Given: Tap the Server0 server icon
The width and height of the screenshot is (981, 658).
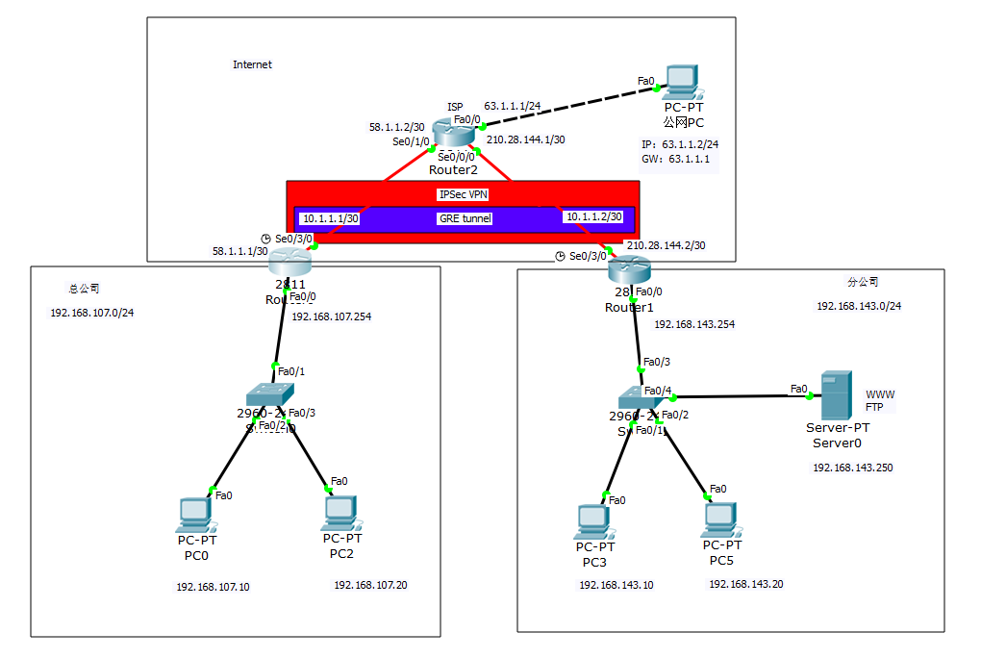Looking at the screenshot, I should tap(834, 394).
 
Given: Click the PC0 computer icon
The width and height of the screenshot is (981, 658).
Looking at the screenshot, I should tap(195, 515).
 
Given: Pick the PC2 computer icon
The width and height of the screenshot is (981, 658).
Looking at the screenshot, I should tap(340, 512).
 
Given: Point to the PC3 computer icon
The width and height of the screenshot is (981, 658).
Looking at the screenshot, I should tap(591, 522).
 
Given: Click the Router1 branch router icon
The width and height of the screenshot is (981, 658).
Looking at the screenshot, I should tap(630, 270).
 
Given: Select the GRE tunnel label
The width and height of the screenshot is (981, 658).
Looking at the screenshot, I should tap(465, 218).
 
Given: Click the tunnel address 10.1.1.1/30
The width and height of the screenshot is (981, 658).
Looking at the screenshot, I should tap(330, 218).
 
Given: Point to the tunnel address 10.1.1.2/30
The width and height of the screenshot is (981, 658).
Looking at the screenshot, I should tap(593, 216).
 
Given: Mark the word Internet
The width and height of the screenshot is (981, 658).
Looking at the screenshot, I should tap(252, 64).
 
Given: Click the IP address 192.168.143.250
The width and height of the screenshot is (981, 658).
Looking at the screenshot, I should tap(853, 468).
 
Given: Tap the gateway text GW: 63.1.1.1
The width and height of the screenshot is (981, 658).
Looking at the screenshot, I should tap(675, 160).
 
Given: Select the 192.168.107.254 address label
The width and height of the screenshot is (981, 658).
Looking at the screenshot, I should tap(331, 316).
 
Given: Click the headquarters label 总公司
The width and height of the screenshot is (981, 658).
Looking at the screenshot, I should tap(84, 288).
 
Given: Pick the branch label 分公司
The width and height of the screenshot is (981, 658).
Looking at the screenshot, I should tap(863, 282).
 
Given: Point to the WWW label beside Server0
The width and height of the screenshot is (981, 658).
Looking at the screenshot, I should tap(880, 394).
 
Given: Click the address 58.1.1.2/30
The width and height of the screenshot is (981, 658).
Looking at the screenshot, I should tap(397, 126).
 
